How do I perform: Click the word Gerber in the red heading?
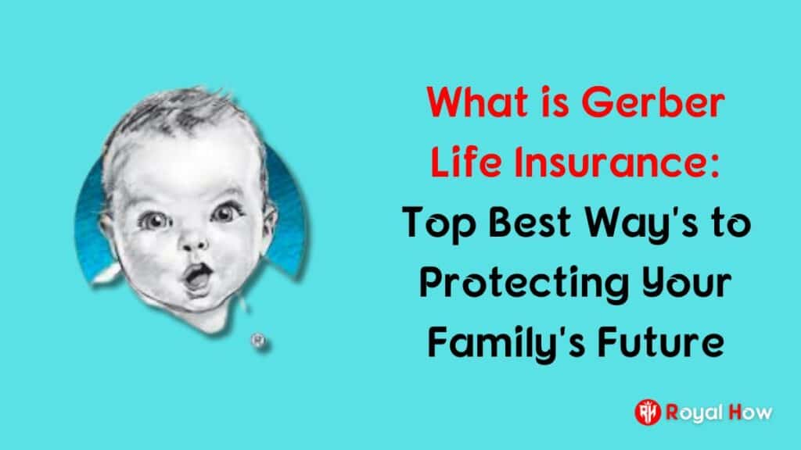pos(653,103)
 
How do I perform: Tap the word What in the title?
pos(478,103)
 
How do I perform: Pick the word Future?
pos(661,343)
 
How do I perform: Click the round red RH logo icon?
pos(648,412)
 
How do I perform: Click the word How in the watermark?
pos(751,412)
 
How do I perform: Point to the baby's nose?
pos(194,243)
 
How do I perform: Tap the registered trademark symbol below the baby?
pos(258,340)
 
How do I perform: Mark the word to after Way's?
pos(731,223)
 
